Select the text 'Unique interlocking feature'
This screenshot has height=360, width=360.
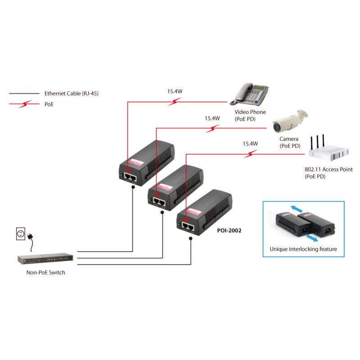[x=303, y=249]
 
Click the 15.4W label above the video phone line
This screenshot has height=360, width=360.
[x=175, y=91]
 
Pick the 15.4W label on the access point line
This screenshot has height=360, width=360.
[x=250, y=144]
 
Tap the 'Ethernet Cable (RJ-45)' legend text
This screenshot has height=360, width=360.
[x=71, y=94]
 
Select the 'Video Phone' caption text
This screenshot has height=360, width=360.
[x=250, y=112]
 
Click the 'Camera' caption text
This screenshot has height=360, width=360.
[x=289, y=139]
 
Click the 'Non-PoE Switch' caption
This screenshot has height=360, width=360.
[x=46, y=272]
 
